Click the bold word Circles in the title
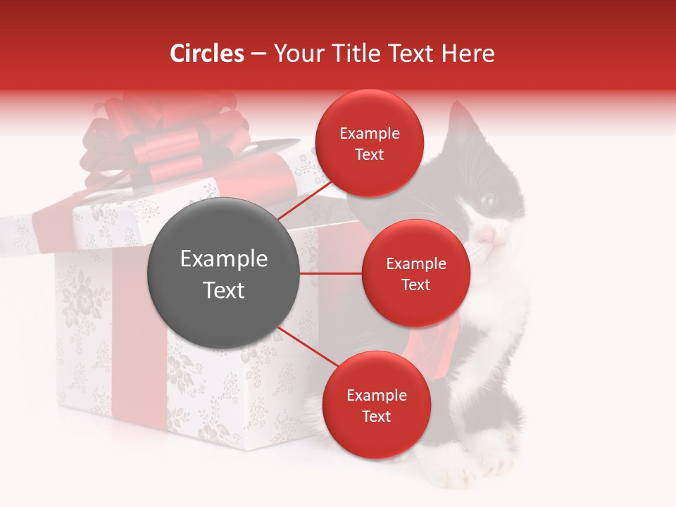207,54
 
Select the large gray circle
223,273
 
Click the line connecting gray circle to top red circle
303,200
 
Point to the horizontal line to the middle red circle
331,273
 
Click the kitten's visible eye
488,201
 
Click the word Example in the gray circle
223,259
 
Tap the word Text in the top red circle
369,155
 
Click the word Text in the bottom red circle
376,417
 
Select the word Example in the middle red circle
415,264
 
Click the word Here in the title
468,54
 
